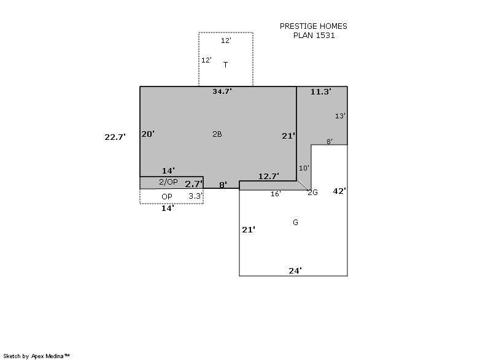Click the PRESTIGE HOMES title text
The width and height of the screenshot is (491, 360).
[x=314, y=26]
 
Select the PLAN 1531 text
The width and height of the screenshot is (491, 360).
[x=314, y=36]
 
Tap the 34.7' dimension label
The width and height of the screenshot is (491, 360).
[x=222, y=91]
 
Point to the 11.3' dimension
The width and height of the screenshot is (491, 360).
[x=321, y=91]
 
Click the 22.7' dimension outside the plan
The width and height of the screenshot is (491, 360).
[x=115, y=137]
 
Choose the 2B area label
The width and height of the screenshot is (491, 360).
[x=217, y=134]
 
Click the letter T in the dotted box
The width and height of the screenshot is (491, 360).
[x=225, y=65]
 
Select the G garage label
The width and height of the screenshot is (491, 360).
[x=295, y=223]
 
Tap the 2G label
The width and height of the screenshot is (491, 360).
[x=312, y=193]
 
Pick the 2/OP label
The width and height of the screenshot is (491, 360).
[x=168, y=182]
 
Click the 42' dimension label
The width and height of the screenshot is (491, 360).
[x=339, y=191]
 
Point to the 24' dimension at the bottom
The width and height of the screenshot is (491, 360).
[x=295, y=270]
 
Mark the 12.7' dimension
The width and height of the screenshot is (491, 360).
[x=269, y=177]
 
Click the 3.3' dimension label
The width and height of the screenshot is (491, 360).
[x=196, y=196]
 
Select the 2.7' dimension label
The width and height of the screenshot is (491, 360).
[x=194, y=184]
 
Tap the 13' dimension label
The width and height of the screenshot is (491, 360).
[x=340, y=116]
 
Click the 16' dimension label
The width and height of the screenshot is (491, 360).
[x=276, y=194]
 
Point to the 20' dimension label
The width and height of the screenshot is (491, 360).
[x=148, y=134]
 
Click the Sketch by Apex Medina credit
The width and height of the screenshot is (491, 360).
[x=37, y=356]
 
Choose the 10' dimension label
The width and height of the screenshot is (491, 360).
[x=304, y=168]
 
